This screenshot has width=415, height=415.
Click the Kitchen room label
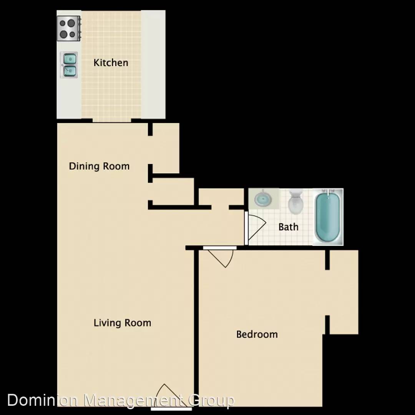click(x=111, y=63)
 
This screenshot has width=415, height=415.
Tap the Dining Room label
click(x=99, y=166)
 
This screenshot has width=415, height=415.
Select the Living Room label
click(x=122, y=323)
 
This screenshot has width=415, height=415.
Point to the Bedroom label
click(x=257, y=334)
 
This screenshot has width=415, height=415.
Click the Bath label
click(x=288, y=227)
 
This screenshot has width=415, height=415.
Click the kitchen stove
click(x=69, y=28)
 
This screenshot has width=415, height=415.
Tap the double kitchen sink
click(x=69, y=65)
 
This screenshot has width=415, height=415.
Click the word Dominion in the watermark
click(x=42, y=400)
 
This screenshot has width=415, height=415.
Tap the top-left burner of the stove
click(x=63, y=23)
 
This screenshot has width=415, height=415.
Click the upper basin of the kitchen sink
click(x=70, y=58)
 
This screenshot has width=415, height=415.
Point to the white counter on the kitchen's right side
click(x=153, y=65)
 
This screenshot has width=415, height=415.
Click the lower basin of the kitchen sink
click(x=70, y=71)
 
